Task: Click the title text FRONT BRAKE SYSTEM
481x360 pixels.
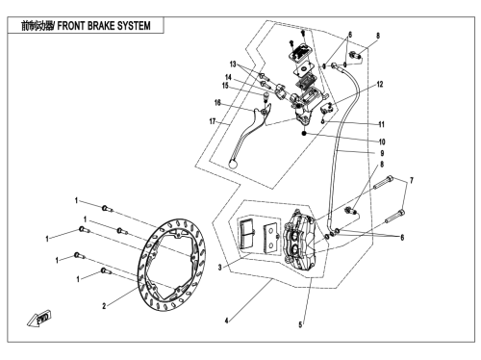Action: [x=104, y=26]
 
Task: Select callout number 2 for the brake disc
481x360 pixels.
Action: [x=104, y=306]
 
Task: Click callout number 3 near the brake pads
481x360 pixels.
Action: [x=219, y=267]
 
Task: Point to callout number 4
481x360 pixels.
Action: [x=226, y=321]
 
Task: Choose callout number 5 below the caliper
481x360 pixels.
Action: [x=300, y=324]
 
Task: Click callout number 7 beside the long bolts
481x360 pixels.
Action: [x=412, y=181]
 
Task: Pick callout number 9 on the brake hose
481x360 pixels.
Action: [x=382, y=153]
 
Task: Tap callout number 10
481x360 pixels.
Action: [x=382, y=141]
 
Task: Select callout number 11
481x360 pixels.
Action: [x=381, y=124]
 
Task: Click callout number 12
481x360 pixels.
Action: [x=380, y=85]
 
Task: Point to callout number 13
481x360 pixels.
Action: [x=233, y=64]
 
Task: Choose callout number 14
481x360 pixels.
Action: [x=228, y=77]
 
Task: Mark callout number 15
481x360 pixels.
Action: [x=225, y=86]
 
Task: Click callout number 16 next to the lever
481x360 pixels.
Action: [x=217, y=103]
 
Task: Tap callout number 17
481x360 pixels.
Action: [x=212, y=121]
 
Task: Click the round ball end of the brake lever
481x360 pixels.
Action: [x=233, y=164]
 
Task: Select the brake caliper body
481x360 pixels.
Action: [x=301, y=238]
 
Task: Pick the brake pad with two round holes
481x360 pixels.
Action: [x=270, y=236]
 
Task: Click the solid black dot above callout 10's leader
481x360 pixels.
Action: [x=304, y=133]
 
